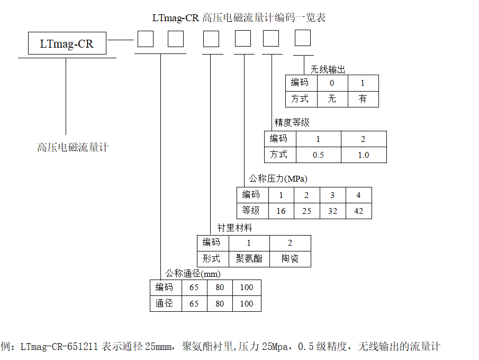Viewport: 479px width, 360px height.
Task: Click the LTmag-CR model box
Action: click(x=67, y=43)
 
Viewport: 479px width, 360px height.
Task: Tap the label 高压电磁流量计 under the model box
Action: click(x=73, y=147)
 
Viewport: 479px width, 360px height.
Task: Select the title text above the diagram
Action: click(x=239, y=17)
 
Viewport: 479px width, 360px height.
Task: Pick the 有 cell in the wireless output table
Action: click(x=363, y=98)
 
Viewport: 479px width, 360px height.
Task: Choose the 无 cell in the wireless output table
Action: click(x=332, y=98)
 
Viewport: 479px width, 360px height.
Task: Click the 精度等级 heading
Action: click(x=292, y=122)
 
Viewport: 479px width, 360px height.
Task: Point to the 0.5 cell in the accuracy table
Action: click(x=318, y=155)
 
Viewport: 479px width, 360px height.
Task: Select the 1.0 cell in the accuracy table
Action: click(x=363, y=155)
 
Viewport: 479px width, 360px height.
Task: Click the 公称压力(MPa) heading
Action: click(x=278, y=178)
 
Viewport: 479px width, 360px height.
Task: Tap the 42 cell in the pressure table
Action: click(x=358, y=211)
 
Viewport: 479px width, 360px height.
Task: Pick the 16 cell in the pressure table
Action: click(x=281, y=211)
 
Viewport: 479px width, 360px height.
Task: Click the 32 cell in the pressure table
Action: click(x=332, y=211)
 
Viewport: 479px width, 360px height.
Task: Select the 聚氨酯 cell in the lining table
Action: click(x=249, y=259)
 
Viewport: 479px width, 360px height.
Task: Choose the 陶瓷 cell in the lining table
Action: click(x=290, y=259)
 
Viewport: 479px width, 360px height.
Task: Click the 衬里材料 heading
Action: click(x=234, y=228)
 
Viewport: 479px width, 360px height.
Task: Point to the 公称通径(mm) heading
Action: click(x=193, y=273)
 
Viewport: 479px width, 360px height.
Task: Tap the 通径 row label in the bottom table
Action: click(x=165, y=303)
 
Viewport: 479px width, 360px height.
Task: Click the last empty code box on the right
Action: click(x=302, y=38)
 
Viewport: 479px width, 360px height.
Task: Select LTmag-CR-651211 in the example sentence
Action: click(x=59, y=347)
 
